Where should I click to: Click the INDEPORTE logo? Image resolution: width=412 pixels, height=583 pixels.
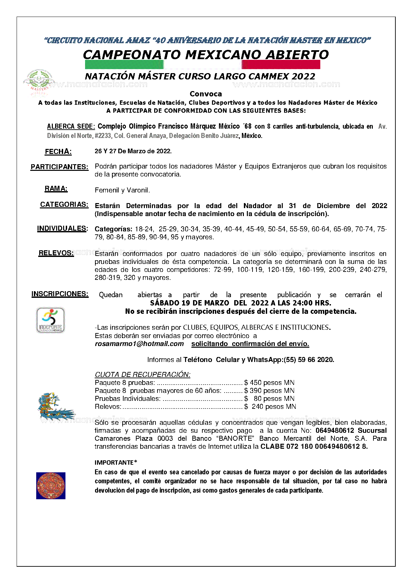tap(51, 320)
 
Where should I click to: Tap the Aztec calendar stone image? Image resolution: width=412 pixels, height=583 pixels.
tap(51, 486)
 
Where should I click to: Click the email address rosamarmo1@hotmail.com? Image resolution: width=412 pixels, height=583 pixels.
tap(139, 344)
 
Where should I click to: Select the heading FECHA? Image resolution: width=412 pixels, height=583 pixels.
tap(58, 152)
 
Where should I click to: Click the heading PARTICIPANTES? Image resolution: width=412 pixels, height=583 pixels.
tap(59, 167)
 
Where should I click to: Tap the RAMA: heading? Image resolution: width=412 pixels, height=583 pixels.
tap(56, 189)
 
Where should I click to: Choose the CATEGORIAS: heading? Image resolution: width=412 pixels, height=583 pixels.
tap(64, 204)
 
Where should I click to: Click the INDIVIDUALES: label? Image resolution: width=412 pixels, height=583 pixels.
tap(62, 228)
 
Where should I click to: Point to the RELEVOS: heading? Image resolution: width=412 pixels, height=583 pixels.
tap(56, 253)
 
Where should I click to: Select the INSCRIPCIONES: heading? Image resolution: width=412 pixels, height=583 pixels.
tap(60, 294)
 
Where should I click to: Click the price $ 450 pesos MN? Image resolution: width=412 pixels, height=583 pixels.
tap(269, 383)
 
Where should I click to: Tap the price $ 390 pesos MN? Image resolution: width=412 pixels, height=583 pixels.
tap(269, 391)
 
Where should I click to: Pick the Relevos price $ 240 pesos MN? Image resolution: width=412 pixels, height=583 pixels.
tap(270, 407)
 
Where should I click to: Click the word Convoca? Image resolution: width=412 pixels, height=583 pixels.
tap(206, 94)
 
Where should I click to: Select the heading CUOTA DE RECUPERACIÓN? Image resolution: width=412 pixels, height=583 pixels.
tap(143, 375)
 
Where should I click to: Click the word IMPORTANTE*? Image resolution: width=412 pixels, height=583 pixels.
tap(116, 462)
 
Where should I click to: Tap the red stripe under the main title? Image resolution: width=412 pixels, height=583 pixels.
tap(281, 64)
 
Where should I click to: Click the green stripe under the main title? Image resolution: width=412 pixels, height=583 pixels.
tap(124, 64)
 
